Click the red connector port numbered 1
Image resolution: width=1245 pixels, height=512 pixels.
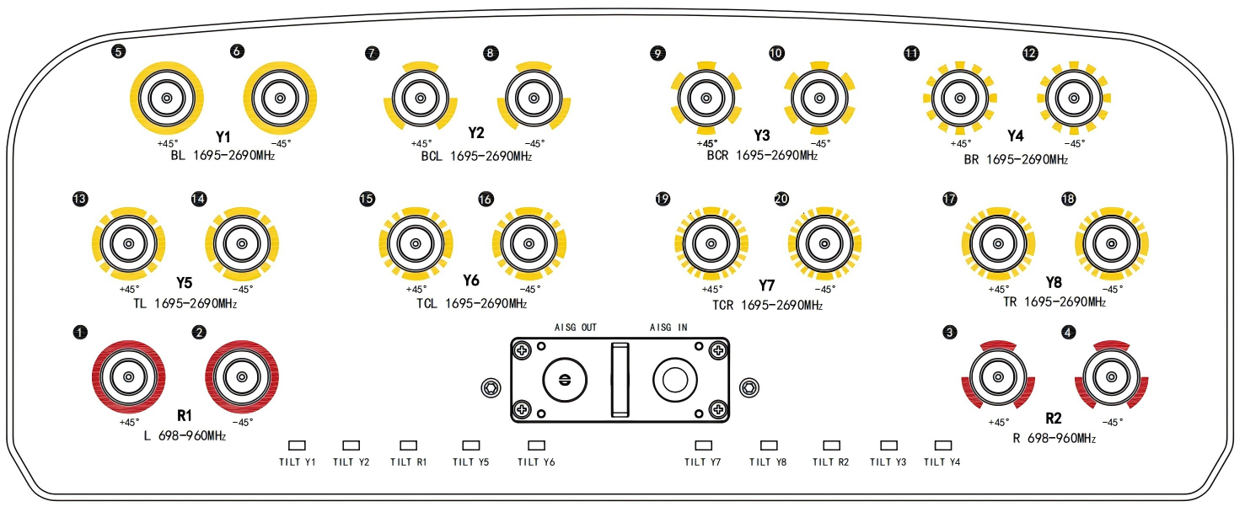point(128,376)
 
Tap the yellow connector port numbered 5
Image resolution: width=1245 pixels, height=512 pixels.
point(167,99)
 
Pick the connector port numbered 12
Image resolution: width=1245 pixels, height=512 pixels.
point(1074,99)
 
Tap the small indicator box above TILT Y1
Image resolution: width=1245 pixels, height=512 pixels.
point(298,445)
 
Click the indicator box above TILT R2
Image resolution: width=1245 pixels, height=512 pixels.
point(831,445)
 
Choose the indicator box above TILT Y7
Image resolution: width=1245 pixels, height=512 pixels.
point(702,445)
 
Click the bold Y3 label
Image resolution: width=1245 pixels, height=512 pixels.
point(762,136)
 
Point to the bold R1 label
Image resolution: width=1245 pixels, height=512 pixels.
point(185,415)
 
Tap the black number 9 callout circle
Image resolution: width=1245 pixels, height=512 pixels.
point(658,53)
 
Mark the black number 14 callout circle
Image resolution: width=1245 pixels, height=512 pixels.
point(199,200)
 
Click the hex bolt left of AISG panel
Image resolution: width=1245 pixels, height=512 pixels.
point(489,387)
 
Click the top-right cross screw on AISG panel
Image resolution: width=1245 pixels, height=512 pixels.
point(717,350)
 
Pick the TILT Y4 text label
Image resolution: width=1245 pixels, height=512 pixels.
point(942,461)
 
